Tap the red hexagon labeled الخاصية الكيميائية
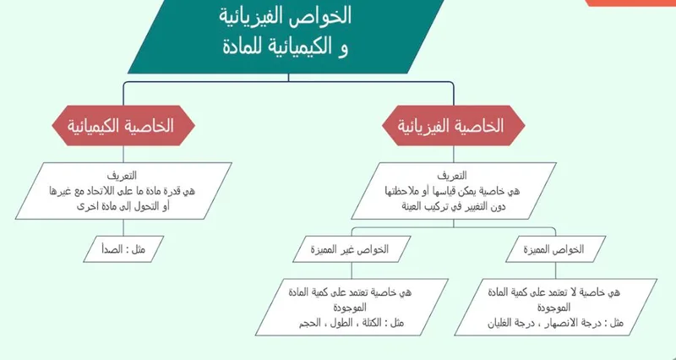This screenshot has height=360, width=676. (124, 126)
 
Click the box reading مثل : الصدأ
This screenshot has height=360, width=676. (124, 249)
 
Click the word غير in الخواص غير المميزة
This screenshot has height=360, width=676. (349, 249)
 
